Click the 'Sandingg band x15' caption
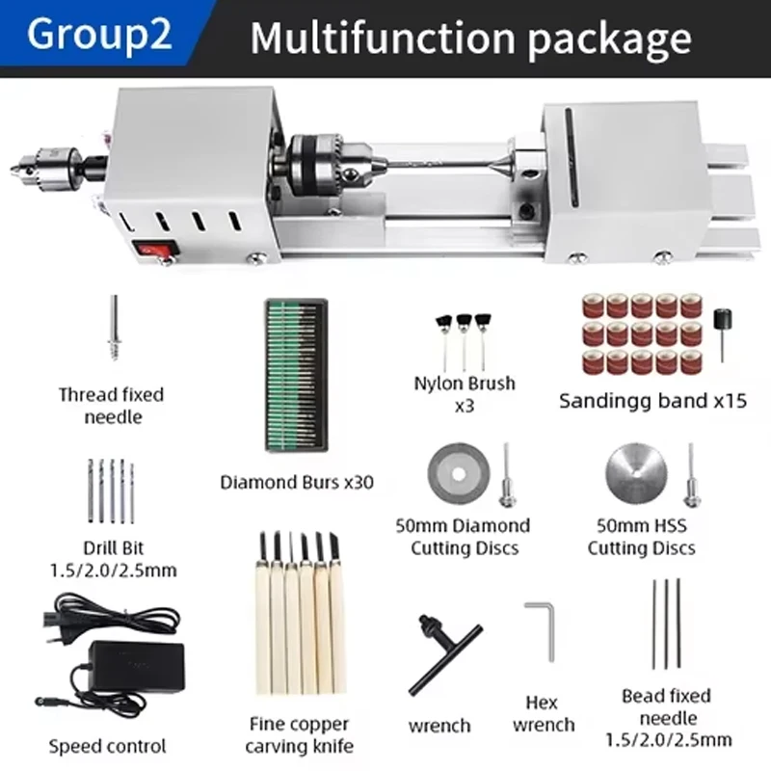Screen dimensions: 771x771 (x=652, y=400)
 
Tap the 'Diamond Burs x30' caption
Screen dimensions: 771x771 (x=296, y=481)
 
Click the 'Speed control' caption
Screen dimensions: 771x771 (x=107, y=745)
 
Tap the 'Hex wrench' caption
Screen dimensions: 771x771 (x=543, y=713)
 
